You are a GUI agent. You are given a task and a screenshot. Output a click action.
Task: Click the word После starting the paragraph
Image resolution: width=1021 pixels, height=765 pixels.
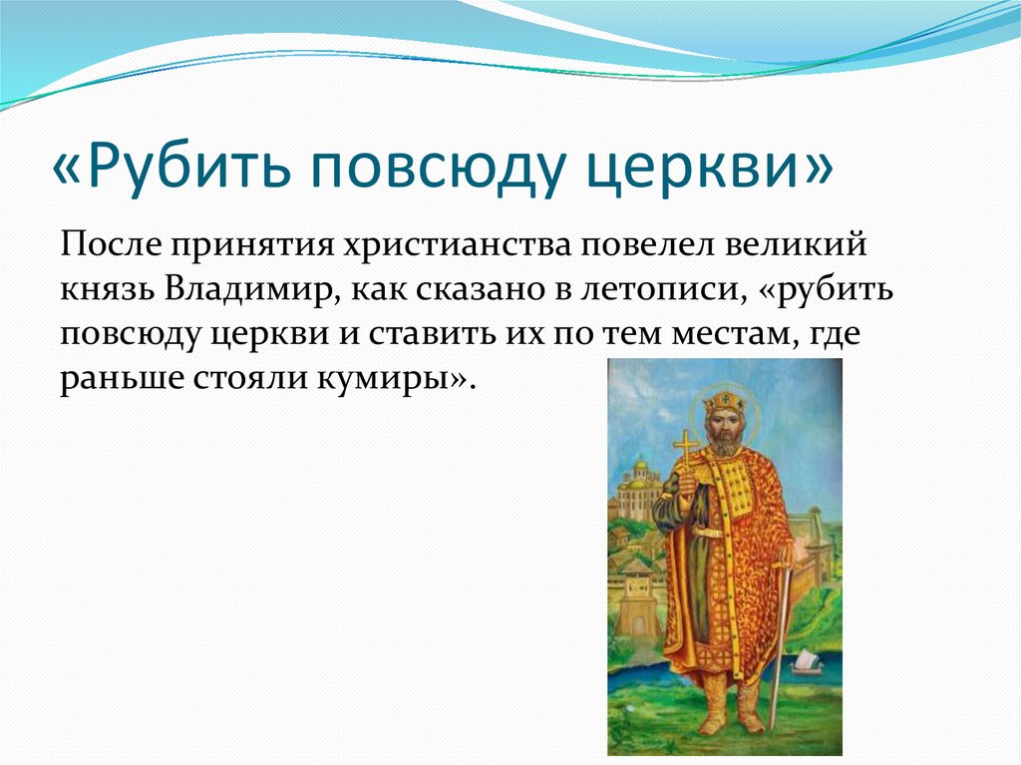(x=112, y=245)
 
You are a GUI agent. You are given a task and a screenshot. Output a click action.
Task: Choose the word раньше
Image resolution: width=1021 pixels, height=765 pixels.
(x=122, y=379)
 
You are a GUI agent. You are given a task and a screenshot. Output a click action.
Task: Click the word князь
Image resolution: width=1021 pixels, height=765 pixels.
(x=108, y=290)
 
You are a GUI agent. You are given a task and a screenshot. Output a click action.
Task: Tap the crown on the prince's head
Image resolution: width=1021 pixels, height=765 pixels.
(x=724, y=401)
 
